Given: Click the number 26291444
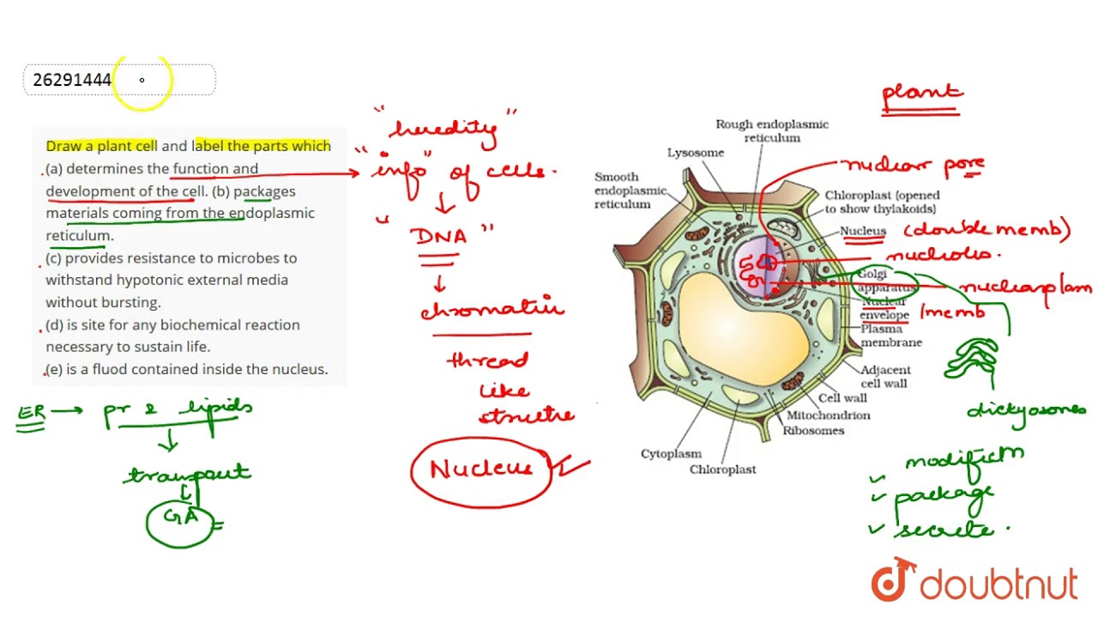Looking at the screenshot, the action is (72, 80).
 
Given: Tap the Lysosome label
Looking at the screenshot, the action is (696, 153).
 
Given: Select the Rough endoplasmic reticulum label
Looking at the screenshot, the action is (772, 130).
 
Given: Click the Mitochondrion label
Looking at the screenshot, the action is (829, 415).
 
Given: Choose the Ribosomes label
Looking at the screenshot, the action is (813, 431).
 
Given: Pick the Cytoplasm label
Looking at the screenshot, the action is (671, 454).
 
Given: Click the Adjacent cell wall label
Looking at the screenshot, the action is (886, 376).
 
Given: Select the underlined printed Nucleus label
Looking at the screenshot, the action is (862, 231).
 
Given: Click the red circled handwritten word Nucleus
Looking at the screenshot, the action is (480, 469).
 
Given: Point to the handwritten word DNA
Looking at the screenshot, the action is (441, 236).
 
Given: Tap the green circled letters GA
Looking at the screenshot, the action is (181, 518).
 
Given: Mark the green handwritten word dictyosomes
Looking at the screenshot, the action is (1026, 410).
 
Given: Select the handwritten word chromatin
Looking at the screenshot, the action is (492, 308).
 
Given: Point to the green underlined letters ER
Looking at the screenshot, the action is (32, 413).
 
